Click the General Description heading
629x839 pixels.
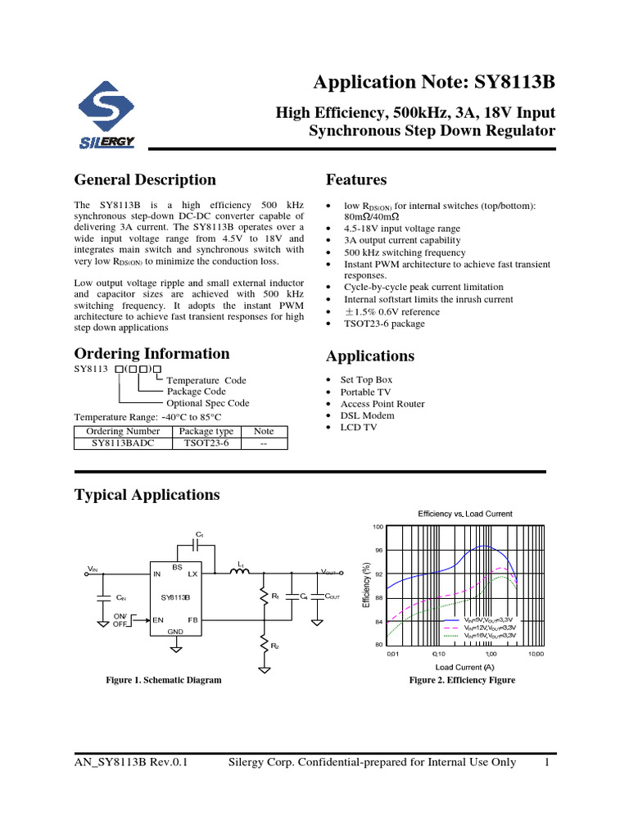[x=145, y=180]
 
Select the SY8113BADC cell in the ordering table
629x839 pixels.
[x=123, y=443]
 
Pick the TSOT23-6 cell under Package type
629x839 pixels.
[x=206, y=443]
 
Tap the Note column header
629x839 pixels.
[x=264, y=431]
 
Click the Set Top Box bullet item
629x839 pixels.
[x=366, y=380]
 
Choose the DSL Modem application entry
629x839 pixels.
[x=367, y=415]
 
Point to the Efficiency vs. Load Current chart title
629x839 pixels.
[x=465, y=514]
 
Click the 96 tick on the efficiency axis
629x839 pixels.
[x=378, y=551]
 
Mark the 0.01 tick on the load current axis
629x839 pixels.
[x=393, y=654]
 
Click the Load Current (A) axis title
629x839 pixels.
[x=464, y=667]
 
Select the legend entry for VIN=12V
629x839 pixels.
[x=489, y=628]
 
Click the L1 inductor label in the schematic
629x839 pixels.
[x=241, y=564]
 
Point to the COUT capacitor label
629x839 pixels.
[x=333, y=597]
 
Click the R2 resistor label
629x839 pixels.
[x=275, y=646]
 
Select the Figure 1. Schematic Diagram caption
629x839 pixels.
[x=164, y=680]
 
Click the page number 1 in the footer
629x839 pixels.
[x=545, y=763]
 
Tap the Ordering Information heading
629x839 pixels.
[x=152, y=354]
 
